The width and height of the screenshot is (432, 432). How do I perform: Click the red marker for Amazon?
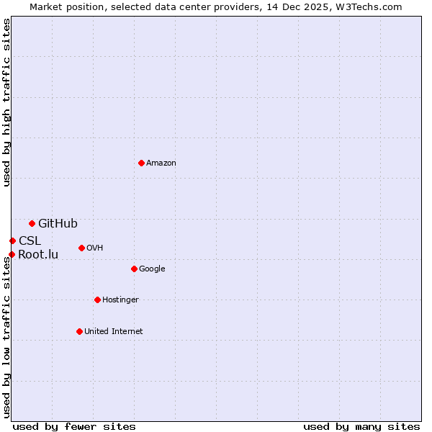(x=141, y=163)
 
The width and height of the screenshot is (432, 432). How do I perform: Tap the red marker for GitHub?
(x=32, y=223)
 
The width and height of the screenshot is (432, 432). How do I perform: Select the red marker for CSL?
(x=12, y=240)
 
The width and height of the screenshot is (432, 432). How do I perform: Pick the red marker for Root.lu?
(x=12, y=254)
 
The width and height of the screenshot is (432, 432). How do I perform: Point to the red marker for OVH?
(x=81, y=248)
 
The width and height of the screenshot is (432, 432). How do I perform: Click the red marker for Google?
(x=134, y=269)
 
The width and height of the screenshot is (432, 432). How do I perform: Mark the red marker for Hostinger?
(x=97, y=300)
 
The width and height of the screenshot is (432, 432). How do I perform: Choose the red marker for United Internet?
(x=80, y=331)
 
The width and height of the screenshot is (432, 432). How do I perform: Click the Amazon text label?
(x=161, y=163)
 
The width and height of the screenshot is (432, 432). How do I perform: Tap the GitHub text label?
(x=58, y=223)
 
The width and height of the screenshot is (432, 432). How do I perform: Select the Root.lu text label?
(x=38, y=254)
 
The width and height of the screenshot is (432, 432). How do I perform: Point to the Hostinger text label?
(x=120, y=300)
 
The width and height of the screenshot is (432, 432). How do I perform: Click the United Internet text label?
(x=113, y=331)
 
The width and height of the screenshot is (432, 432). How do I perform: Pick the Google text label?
(x=152, y=269)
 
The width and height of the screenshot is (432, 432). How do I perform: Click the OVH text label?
(x=94, y=248)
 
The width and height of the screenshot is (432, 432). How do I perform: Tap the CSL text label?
(x=30, y=240)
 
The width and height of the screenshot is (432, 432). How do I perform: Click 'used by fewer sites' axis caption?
(x=74, y=426)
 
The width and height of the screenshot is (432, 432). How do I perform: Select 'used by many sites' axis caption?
(x=361, y=426)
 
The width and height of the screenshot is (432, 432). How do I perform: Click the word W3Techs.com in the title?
(x=368, y=6)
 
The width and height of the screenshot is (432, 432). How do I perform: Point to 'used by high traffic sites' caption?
(x=7, y=102)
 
